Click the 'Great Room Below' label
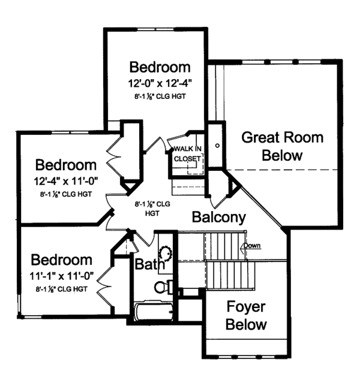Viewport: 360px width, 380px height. (282, 146)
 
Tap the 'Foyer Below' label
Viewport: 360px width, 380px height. (246, 316)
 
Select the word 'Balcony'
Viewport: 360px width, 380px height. (219, 217)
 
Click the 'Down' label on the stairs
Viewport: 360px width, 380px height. (251, 246)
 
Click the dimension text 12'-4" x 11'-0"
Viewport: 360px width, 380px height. (66, 179)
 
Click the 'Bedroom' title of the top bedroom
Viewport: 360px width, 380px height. (160, 67)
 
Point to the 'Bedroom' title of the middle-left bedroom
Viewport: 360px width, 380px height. (66, 164)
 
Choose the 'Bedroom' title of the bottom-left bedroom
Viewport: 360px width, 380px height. (62, 260)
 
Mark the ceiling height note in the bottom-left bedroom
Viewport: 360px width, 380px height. (62, 289)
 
